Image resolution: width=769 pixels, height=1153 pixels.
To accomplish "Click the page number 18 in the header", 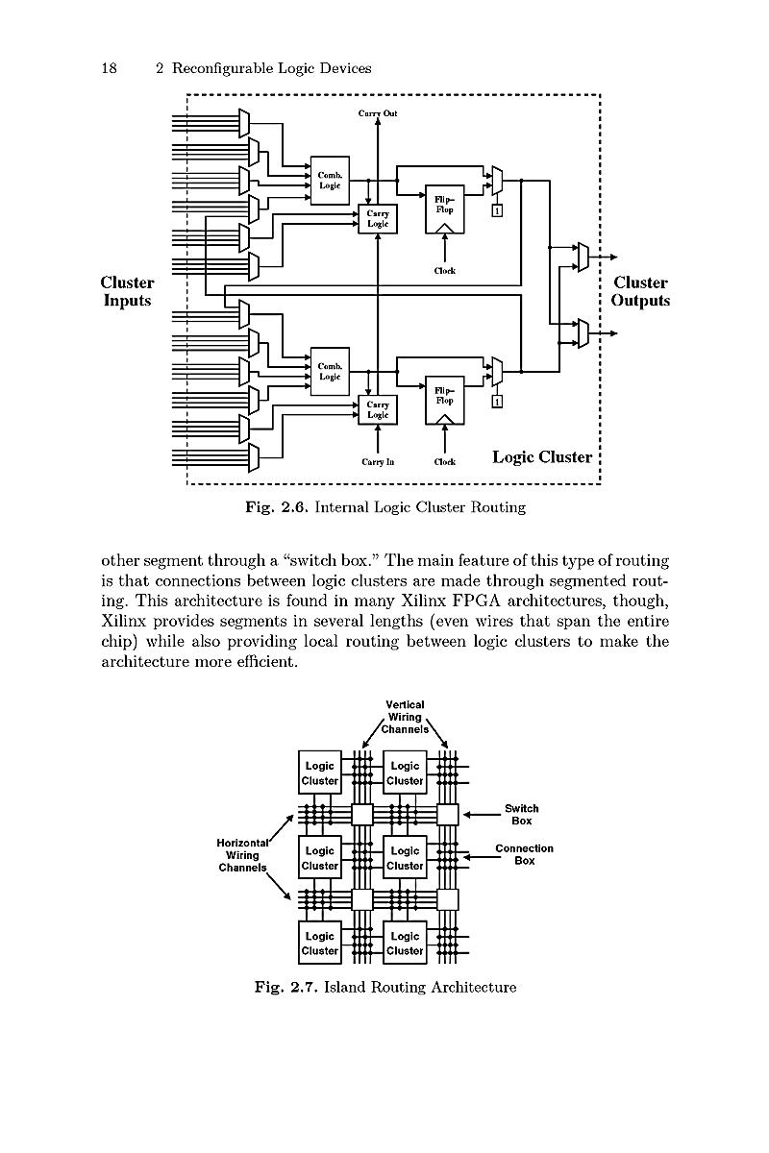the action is [110, 68].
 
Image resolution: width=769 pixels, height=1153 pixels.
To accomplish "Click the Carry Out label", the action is [378, 113].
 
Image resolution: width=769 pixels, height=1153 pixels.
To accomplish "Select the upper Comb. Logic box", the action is [330, 181].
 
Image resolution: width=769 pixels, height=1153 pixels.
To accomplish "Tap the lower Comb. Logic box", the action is [330, 372].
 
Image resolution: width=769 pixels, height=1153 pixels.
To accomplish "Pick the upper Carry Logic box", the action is [378, 219].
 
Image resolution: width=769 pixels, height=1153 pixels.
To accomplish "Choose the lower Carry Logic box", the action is [378, 409].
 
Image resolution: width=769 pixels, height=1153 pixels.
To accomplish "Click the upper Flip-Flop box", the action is [444, 209].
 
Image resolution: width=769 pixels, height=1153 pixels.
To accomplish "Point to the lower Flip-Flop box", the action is [444, 401].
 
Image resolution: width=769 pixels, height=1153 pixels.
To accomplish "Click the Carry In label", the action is [378, 462].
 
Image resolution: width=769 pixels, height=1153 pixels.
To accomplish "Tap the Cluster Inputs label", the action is [127, 291].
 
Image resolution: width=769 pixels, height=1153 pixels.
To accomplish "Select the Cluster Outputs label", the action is [640, 291].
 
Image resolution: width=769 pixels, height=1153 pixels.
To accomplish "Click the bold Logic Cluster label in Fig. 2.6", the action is [542, 457].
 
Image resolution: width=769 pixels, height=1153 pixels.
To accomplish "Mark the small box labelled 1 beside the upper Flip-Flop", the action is [497, 210].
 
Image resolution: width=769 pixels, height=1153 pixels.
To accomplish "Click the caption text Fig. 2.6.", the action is [277, 507].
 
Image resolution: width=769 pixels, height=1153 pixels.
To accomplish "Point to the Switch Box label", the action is [521, 815].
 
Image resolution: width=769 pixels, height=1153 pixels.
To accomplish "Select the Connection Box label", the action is [524, 854].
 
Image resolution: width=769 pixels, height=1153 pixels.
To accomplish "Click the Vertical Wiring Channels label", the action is [405, 717].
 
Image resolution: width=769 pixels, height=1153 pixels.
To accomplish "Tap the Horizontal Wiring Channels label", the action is [242, 855].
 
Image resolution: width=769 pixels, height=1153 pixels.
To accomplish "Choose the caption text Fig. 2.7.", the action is [285, 988].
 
